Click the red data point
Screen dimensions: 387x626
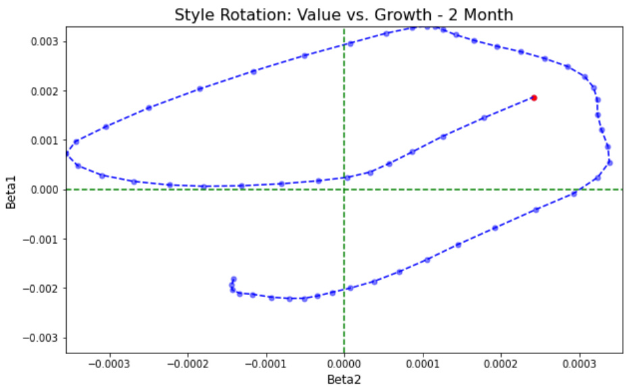533,98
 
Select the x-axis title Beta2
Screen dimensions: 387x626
344,379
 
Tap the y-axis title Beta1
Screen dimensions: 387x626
11,190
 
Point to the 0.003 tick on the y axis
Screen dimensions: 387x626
47,42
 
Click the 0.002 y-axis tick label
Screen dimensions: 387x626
47,91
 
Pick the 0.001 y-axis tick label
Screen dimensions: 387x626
47,140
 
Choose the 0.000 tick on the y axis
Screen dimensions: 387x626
47,190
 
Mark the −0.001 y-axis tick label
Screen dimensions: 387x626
43,239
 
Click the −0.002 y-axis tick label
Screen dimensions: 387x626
43,288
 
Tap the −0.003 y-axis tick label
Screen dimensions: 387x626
43,338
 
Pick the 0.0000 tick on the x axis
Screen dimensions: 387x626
344,363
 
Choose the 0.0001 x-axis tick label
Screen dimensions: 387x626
423,363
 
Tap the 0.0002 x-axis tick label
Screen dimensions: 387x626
501,363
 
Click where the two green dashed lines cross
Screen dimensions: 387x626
344,190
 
